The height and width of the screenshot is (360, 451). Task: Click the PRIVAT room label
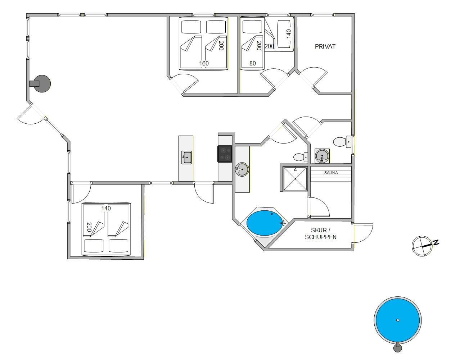325,46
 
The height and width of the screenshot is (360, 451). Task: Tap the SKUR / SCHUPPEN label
321,233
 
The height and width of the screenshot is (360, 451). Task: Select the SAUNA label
331,173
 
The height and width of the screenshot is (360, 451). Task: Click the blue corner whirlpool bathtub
265,223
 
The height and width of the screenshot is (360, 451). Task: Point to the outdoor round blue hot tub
398,320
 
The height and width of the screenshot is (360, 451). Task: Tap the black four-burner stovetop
225,154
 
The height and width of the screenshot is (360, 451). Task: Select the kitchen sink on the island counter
186,157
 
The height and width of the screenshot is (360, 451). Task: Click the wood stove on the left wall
41,83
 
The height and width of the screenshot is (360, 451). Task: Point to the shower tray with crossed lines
295,179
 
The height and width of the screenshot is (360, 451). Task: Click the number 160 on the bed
204,63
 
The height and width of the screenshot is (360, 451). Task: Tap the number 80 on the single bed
253,63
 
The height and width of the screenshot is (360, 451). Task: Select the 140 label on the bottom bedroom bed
106,208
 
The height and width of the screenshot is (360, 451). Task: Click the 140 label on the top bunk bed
289,34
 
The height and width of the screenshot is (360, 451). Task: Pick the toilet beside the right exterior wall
342,142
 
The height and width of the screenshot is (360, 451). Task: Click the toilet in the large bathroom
301,157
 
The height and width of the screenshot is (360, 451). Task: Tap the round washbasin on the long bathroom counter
242,169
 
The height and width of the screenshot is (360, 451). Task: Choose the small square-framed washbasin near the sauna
322,156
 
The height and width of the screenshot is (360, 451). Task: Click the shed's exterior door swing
363,233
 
